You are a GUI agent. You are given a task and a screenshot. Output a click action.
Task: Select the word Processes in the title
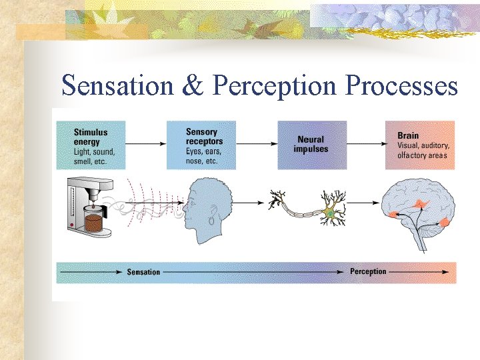tap(401, 86)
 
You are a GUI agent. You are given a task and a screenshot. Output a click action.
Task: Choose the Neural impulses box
tap(311, 145)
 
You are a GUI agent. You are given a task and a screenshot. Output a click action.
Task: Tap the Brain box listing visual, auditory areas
tap(420, 145)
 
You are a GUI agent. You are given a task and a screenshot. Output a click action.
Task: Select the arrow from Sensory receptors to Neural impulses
tap(256, 142)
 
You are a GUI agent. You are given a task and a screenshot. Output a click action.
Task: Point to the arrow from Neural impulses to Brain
tap(366, 142)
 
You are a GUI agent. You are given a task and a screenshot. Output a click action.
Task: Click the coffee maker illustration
tap(87, 204)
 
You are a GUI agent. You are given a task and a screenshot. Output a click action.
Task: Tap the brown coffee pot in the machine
tap(94, 222)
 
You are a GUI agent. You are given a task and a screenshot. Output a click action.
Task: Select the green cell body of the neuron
tap(329, 213)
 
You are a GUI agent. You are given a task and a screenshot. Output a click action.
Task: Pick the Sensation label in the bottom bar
tap(143, 272)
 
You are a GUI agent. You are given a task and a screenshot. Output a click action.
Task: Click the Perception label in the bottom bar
tap(368, 272)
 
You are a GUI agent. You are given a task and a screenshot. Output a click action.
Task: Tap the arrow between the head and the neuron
tap(250, 202)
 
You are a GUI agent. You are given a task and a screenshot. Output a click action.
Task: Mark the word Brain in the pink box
tap(408, 135)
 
